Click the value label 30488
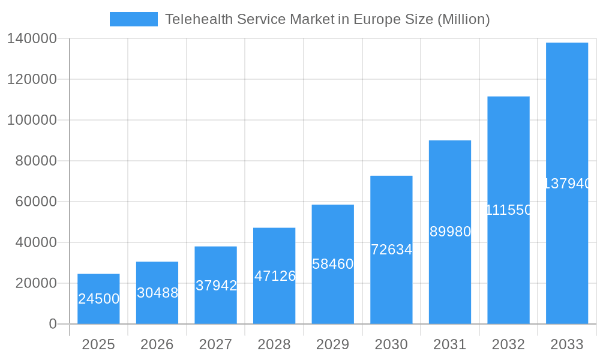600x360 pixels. pos(157,293)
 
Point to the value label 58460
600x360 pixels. pos(333,264)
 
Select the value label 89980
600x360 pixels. pos(450,232)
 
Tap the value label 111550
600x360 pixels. pos(508,210)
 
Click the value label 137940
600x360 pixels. pos(567,184)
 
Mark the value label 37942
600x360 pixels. pos(216,286)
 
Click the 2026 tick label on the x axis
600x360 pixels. pos(157,344)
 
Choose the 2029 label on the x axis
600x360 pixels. pos(333,344)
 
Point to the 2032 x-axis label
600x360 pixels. pos(508,344)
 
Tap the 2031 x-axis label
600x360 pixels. pos(450,344)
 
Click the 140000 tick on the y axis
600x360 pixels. pos(31,38)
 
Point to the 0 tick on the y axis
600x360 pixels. pos(52,324)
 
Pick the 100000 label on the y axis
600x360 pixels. pos(31,120)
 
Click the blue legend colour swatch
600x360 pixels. pos(133,19)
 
